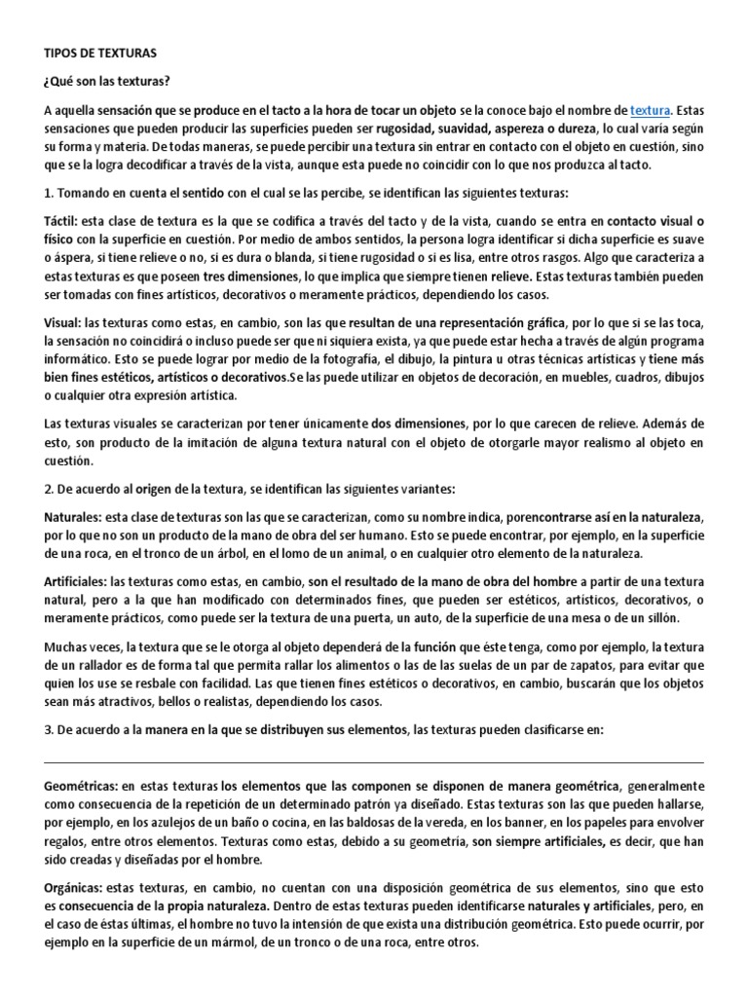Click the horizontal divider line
[x=374, y=762]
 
